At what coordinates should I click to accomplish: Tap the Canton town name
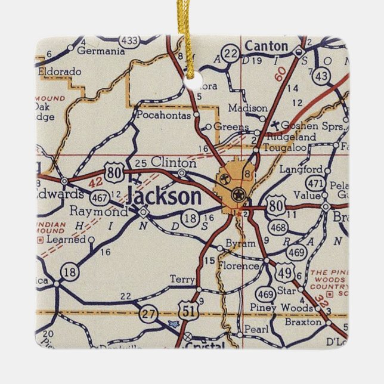coord(267,46)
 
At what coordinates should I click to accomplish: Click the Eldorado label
coord(59,72)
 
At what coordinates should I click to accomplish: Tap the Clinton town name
coord(174,162)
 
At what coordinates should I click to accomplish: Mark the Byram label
coord(240,243)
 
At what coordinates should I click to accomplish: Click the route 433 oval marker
coord(129,41)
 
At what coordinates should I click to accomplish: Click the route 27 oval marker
coord(147,312)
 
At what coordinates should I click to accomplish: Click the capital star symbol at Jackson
coord(238,193)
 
